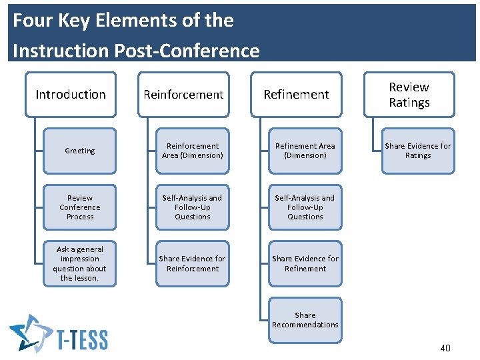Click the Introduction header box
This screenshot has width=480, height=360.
click(71, 95)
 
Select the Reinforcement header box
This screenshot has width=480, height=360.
click(183, 95)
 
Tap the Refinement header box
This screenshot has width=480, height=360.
click(296, 95)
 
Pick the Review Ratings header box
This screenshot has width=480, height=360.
click(409, 95)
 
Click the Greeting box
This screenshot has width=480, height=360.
click(80, 151)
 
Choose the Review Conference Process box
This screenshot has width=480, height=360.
click(80, 207)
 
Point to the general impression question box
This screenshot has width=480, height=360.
click(80, 263)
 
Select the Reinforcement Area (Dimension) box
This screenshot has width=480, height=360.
click(192, 151)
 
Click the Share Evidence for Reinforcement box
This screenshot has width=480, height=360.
click(192, 263)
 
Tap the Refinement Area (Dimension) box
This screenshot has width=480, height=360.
click(305, 151)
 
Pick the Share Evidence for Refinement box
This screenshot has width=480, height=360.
click(305, 263)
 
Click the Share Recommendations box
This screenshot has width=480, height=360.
click(305, 320)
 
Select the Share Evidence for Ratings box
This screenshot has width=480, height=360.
click(418, 151)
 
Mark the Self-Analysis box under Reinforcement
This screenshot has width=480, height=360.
click(192, 207)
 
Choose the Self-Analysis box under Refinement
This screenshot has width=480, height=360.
click(305, 207)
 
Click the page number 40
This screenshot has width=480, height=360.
click(445, 348)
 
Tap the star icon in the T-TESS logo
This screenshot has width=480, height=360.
click(29, 333)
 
